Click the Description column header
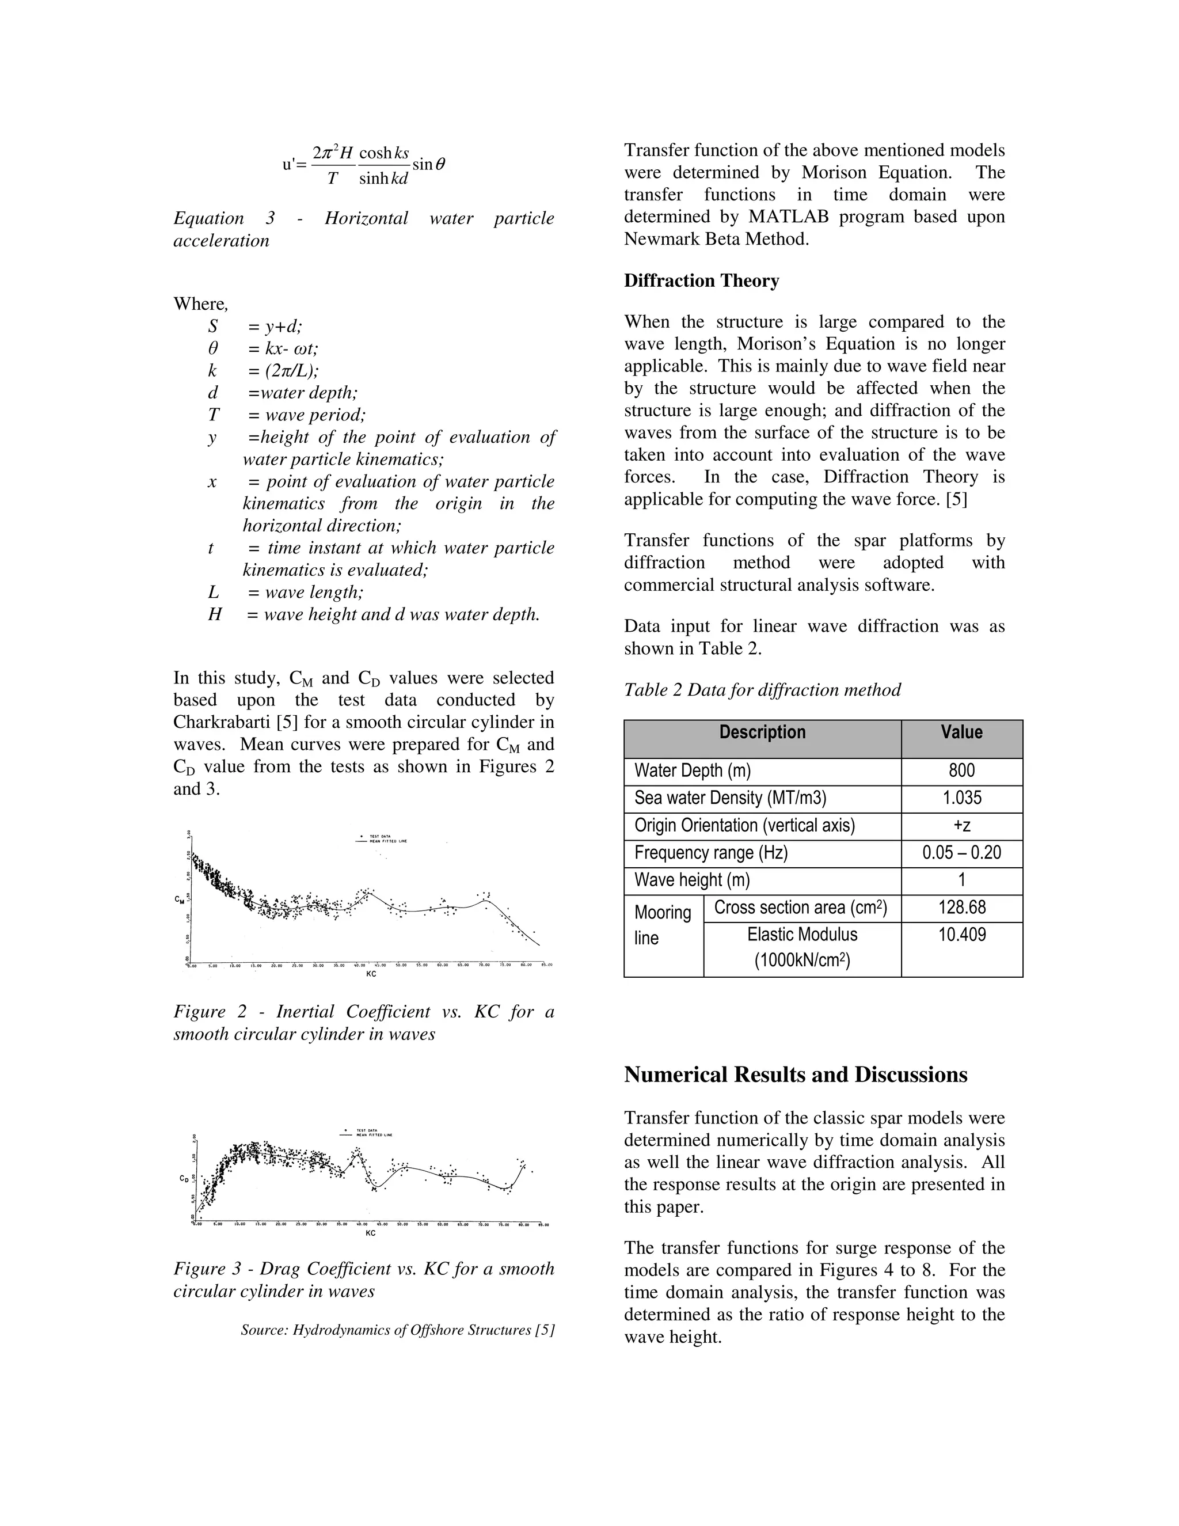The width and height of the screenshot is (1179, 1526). pos(762,732)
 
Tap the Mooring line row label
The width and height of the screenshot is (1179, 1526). pos(662,924)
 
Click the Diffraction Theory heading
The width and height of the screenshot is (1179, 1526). pos(701,281)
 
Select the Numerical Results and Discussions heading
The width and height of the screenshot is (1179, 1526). pos(796,1074)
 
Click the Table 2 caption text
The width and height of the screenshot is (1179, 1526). pos(762,690)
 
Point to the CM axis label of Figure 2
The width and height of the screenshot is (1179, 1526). pos(180,900)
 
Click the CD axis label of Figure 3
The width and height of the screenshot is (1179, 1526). pos(184,1178)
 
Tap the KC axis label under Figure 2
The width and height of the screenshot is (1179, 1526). pos(371,974)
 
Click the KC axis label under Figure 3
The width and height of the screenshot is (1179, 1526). pos(371,1233)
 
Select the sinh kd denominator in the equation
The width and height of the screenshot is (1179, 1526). pos(383,179)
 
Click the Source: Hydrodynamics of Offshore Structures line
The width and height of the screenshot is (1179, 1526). pos(397,1330)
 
